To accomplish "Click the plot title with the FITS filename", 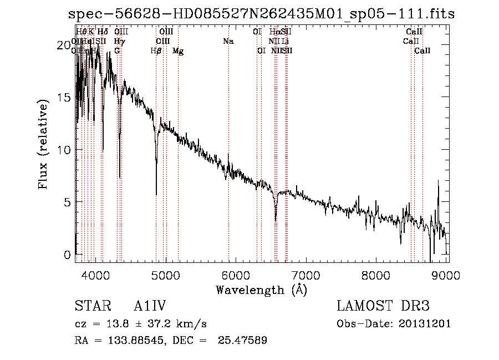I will click(261, 14).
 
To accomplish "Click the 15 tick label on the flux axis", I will click(65, 97).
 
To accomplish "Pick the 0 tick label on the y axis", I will click(68, 255).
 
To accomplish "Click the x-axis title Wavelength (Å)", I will click(261, 290).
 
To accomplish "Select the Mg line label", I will click(178, 50).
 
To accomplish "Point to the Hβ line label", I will click(156, 50).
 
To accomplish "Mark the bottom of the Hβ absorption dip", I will click(156, 195).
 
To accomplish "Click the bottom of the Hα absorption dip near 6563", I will click(276, 220).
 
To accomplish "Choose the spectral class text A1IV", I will click(150, 307).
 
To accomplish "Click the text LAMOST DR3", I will click(383, 307).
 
